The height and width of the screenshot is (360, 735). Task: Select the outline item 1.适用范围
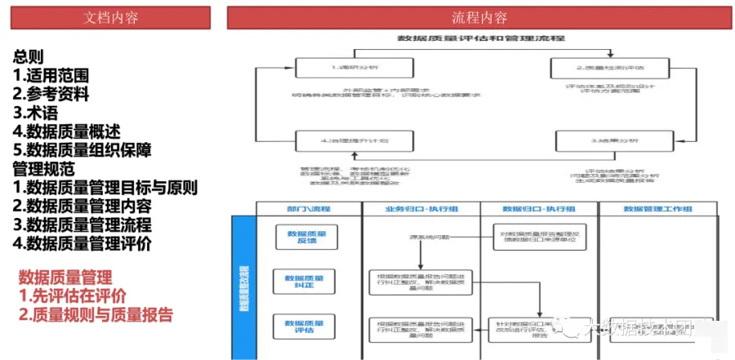click(51, 75)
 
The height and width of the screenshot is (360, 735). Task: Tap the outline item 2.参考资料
click(51, 94)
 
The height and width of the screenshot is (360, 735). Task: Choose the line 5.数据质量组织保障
click(82, 150)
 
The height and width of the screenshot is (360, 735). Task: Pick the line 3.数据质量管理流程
click(82, 224)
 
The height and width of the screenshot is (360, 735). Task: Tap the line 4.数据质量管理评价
click(82, 243)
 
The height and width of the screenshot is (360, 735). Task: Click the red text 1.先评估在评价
click(73, 296)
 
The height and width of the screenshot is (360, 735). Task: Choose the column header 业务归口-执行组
click(421, 209)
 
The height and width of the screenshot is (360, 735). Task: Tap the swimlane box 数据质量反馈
click(305, 238)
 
